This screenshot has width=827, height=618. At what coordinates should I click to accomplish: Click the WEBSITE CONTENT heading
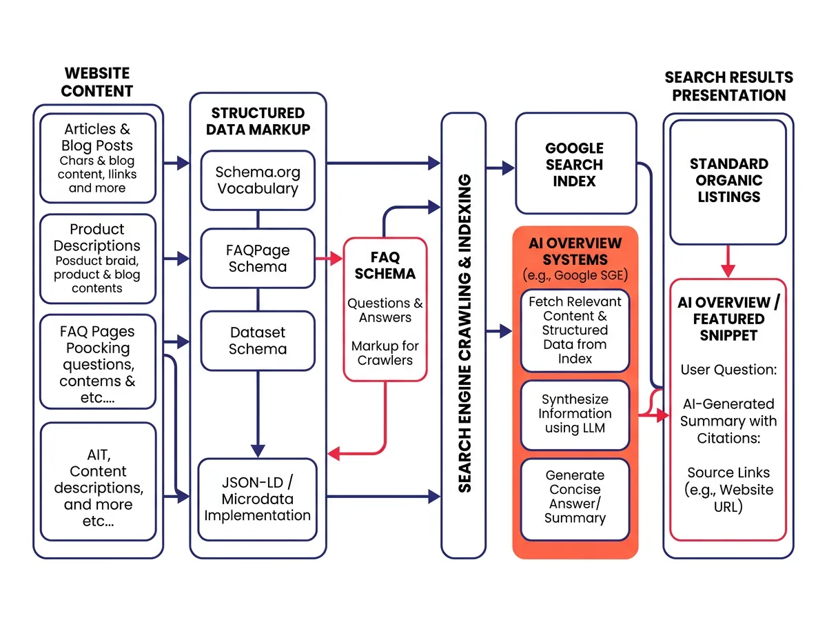pos(97,82)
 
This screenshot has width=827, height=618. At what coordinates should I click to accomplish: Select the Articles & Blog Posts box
pos(97,158)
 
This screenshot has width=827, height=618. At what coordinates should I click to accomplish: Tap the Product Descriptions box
pos(97,258)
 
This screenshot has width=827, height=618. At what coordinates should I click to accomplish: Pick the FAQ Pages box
pos(97,361)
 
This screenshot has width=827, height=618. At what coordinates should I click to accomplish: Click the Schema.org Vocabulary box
pos(257,180)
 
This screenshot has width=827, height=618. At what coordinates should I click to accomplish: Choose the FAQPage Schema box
pos(257,258)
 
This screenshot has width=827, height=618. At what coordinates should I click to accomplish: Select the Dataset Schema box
pos(257,341)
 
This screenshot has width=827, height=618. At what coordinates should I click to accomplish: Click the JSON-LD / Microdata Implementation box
pos(257,499)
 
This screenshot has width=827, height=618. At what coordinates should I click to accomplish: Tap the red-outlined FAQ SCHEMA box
pos(385,308)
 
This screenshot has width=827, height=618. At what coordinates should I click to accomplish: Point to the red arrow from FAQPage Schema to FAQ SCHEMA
pos(329,259)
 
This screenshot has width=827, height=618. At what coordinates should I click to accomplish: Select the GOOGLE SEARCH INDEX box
pos(575,164)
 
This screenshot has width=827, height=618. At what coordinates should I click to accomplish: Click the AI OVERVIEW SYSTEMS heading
pos(575,252)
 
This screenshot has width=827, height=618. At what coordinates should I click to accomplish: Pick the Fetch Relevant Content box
pos(575,330)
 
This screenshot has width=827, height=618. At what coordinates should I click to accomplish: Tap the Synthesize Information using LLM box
pos(575,414)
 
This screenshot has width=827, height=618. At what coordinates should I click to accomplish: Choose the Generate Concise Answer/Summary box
pos(575,497)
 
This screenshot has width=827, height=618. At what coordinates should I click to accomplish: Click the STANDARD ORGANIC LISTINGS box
pos(728,180)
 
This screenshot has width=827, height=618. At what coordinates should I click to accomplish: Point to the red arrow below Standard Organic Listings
pos(728,262)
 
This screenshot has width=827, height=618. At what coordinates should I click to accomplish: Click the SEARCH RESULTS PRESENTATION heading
pos(728,86)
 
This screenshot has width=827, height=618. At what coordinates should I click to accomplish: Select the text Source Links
pos(728,473)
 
